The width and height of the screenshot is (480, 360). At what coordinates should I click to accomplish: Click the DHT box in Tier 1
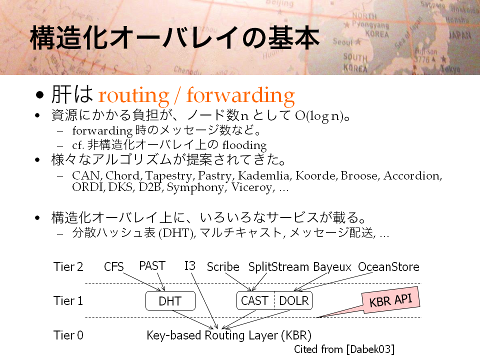pyautogui.click(x=170, y=301)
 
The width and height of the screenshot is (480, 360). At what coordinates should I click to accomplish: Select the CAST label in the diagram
pyautogui.click(x=254, y=301)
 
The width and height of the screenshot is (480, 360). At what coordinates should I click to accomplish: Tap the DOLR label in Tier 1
pyautogui.click(x=294, y=301)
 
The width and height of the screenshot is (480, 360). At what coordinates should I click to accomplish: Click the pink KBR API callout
pyautogui.click(x=390, y=300)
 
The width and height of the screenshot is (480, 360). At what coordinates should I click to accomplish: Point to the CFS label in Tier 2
pyautogui.click(x=114, y=267)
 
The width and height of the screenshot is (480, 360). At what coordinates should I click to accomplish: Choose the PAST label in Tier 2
pyautogui.click(x=152, y=265)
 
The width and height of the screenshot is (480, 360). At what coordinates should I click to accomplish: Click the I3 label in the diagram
pyautogui.click(x=190, y=265)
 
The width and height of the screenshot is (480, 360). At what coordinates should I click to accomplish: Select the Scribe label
pyautogui.click(x=223, y=267)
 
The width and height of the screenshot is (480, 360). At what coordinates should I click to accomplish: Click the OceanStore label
pyautogui.click(x=388, y=267)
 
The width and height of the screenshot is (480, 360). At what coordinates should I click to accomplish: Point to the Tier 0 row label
pyautogui.click(x=68, y=335)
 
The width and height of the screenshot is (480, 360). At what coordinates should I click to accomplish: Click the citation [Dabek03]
pyautogui.click(x=370, y=349)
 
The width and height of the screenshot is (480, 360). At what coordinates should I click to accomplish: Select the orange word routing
pyautogui.click(x=134, y=95)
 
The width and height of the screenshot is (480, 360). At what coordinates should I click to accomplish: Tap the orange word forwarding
pyautogui.click(x=240, y=95)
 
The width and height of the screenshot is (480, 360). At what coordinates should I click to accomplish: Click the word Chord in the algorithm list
pyautogui.click(x=123, y=175)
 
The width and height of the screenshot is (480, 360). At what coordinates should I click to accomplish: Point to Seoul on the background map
pyautogui.click(x=343, y=41)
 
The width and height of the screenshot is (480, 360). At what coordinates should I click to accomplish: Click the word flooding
pyautogui.click(x=244, y=145)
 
